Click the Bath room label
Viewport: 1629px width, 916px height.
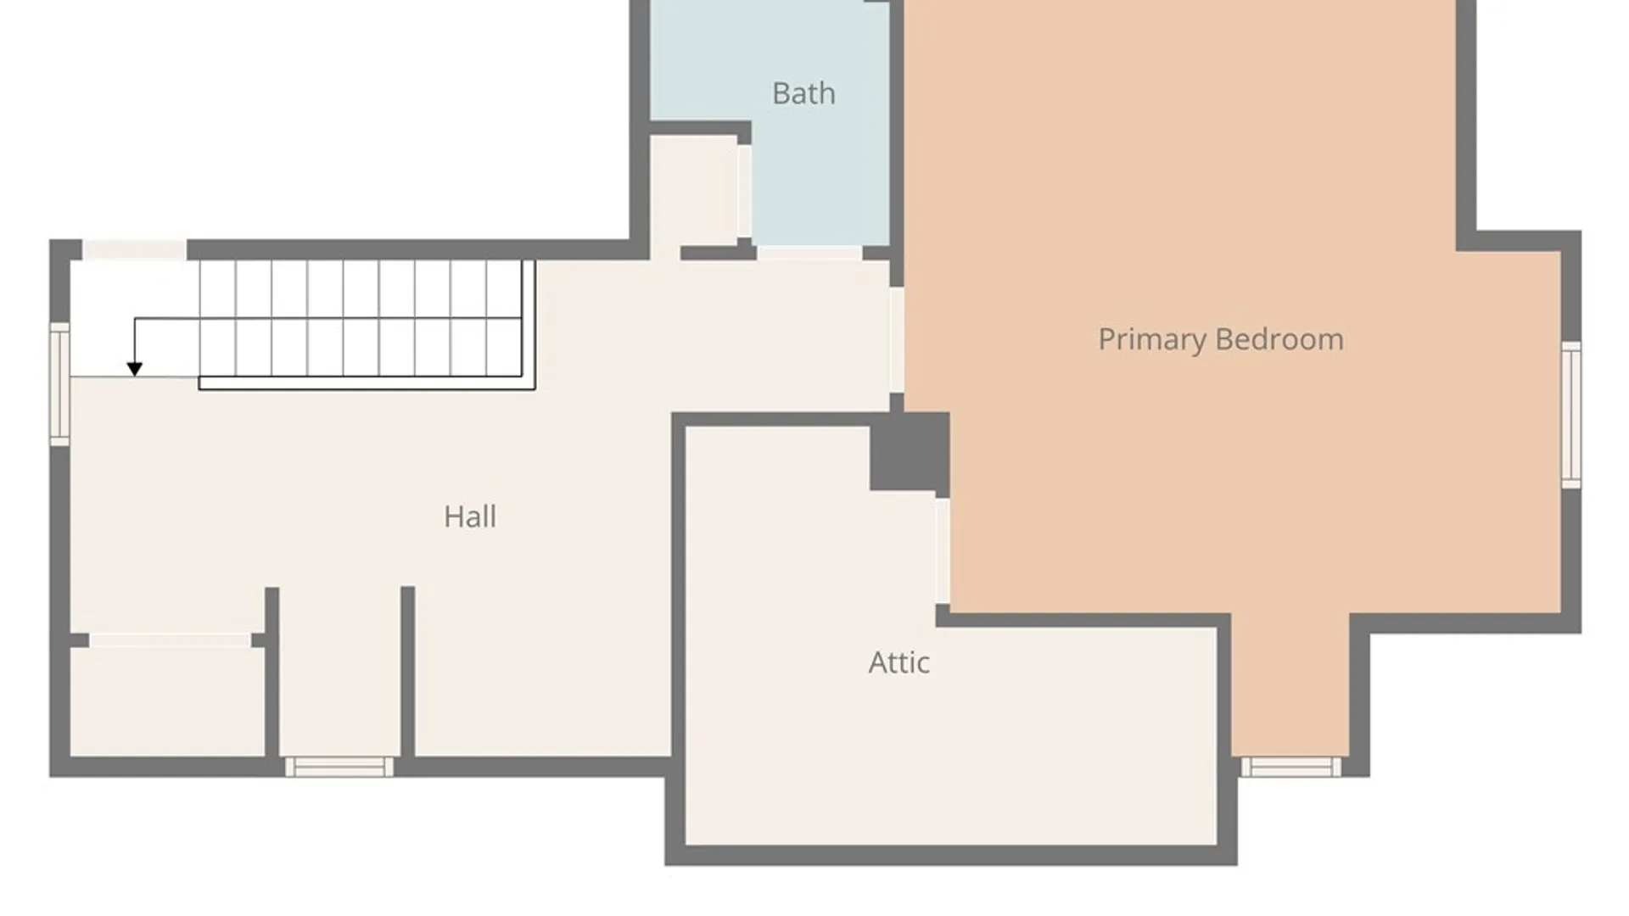pos(803,93)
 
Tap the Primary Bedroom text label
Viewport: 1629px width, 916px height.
pos(1221,340)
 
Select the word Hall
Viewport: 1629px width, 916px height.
pos(470,517)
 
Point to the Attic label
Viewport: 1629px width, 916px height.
pos(899,662)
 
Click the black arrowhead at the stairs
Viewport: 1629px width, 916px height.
pos(134,369)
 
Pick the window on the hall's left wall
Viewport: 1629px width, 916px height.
pos(59,384)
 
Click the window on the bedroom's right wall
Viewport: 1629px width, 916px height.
pos(1571,415)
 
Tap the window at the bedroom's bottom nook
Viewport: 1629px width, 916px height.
pos(1291,767)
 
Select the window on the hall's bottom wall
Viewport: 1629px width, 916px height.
pos(339,767)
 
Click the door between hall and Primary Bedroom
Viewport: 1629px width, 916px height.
pos(897,339)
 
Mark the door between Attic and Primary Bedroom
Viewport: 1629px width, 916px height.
pos(943,551)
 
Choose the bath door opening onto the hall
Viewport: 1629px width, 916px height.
pos(809,253)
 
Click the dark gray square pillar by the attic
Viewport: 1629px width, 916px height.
pos(910,451)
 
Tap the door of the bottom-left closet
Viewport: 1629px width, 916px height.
pos(170,640)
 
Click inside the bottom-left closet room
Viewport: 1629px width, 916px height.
pos(167,701)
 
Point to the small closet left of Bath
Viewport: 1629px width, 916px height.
pos(693,191)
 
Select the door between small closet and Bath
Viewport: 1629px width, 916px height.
pos(744,191)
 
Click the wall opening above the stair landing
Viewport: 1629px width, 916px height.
pos(134,249)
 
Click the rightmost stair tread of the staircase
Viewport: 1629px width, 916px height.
pos(504,318)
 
